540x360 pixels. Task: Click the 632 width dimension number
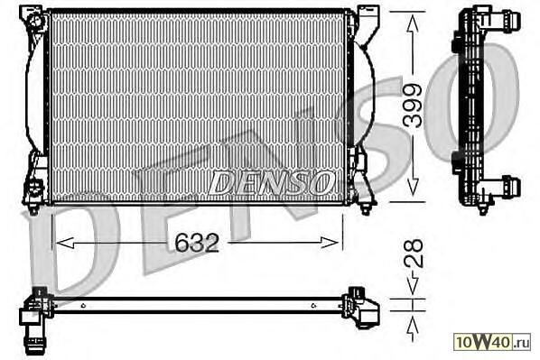(197, 243)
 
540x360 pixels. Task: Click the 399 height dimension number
(413, 106)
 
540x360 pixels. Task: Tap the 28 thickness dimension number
(413, 254)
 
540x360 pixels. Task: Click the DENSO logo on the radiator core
(271, 182)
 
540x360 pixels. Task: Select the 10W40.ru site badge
(492, 342)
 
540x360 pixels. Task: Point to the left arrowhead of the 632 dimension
(65, 243)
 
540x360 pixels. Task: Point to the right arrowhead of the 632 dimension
(330, 243)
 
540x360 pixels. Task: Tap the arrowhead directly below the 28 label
(413, 284)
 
